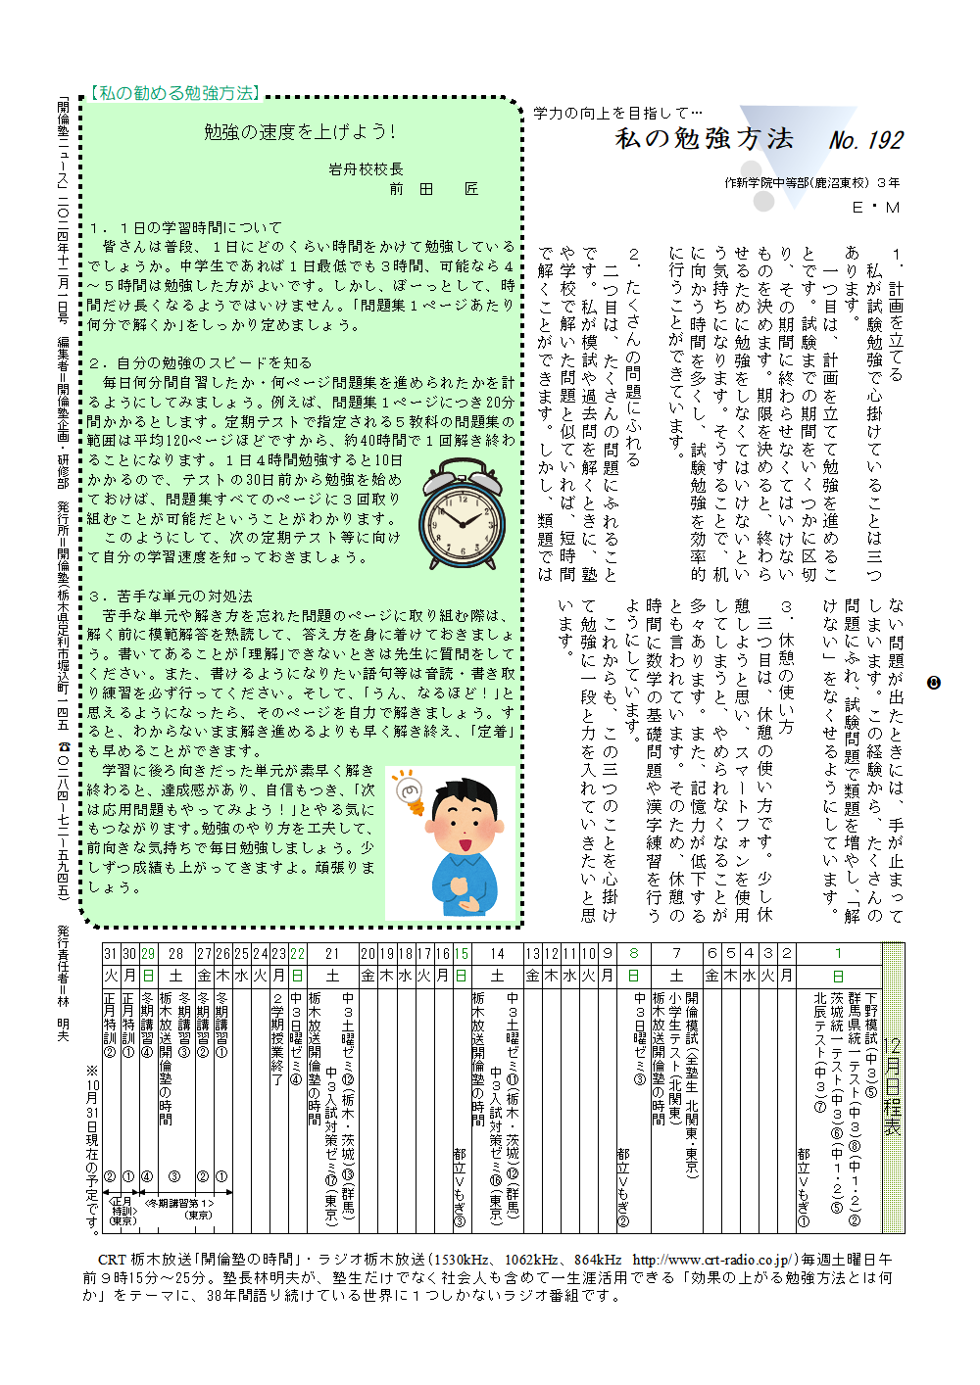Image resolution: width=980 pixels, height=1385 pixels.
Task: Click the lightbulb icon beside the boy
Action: coord(407,791)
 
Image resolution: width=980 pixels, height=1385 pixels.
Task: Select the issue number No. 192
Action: coord(865,141)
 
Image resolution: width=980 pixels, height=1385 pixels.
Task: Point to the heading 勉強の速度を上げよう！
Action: coord(300,132)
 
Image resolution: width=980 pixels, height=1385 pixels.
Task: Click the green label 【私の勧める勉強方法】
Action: coord(175,94)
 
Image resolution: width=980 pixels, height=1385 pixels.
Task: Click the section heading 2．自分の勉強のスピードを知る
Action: coord(200,362)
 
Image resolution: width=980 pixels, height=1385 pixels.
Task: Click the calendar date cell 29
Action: coord(148,954)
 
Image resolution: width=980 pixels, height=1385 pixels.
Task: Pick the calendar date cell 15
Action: coord(461,954)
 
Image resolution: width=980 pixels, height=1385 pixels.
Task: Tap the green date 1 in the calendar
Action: coord(838,954)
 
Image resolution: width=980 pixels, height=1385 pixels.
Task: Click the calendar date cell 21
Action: coord(332,954)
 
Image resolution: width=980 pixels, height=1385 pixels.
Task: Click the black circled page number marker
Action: coord(933,683)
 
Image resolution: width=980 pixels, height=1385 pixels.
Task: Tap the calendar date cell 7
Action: coord(676,954)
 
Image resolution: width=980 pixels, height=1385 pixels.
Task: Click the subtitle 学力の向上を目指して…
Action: coord(617,114)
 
